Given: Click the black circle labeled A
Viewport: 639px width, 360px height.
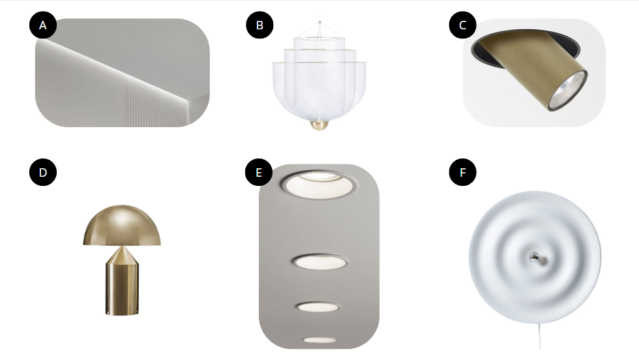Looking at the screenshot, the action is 43,25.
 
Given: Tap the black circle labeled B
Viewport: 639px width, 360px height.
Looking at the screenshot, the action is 260,25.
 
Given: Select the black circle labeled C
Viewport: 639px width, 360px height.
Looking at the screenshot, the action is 462,25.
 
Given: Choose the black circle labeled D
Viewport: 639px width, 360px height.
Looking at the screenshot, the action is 43,172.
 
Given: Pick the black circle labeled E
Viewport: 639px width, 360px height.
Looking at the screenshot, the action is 259,172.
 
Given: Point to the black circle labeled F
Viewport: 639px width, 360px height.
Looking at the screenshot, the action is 462,172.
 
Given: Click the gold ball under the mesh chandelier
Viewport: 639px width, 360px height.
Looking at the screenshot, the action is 319,125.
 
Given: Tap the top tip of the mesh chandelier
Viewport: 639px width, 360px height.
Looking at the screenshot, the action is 320,22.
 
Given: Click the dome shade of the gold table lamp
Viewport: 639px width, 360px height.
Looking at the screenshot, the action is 122,226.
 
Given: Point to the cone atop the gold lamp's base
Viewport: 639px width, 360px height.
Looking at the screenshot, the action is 122,256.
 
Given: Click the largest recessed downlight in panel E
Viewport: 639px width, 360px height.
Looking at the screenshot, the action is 318,185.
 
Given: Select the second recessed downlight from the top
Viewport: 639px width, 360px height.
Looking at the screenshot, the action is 319,262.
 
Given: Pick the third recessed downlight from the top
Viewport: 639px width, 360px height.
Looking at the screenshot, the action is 318,306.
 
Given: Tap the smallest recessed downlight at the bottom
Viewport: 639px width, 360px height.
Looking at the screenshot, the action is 319,340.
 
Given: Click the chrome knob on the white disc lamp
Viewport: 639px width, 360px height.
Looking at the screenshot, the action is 534,257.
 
